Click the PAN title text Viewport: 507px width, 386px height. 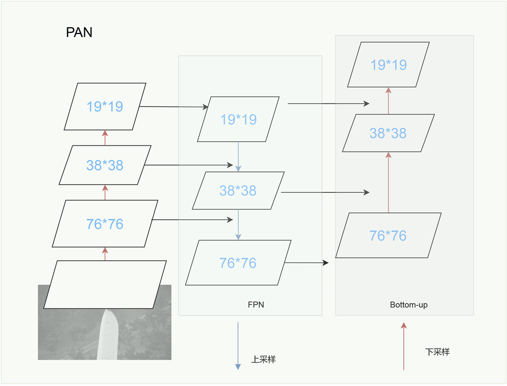[79, 33]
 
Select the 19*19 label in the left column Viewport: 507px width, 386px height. [105, 106]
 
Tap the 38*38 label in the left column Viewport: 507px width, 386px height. [105, 165]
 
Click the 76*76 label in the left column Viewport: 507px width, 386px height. [105, 224]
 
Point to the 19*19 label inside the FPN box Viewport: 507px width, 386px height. [238, 119]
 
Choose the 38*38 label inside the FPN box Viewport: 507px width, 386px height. [238, 191]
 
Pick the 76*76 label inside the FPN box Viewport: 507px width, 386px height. [238, 263]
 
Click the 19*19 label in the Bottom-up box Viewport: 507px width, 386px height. [388, 65]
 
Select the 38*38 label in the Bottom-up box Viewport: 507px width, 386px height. [388, 133]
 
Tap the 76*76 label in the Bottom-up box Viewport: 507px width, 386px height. [388, 235]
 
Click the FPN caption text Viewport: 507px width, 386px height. [256, 305]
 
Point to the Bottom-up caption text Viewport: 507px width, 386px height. [409, 305]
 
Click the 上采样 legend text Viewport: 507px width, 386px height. [263, 359]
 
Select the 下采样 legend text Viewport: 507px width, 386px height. [437, 352]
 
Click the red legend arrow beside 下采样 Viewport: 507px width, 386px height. [404, 346]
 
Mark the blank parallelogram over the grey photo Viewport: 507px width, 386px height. [105, 284]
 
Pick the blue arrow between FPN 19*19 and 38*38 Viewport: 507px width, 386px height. [238, 157]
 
